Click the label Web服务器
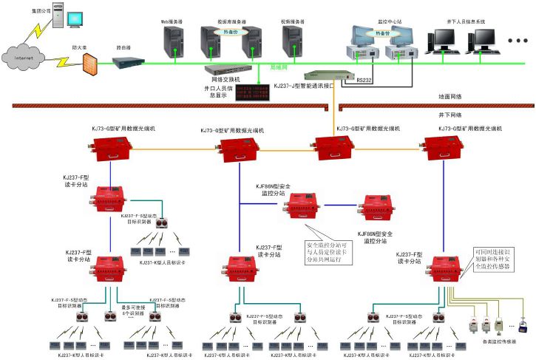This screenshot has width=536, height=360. [172, 22]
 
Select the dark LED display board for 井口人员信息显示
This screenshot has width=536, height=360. [254, 92]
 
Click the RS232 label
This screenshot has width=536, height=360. [365, 79]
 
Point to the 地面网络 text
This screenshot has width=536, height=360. [450, 96]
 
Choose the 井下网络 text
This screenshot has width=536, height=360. [450, 115]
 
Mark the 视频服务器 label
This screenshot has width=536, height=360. [293, 22]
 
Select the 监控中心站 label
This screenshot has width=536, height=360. [379, 22]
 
